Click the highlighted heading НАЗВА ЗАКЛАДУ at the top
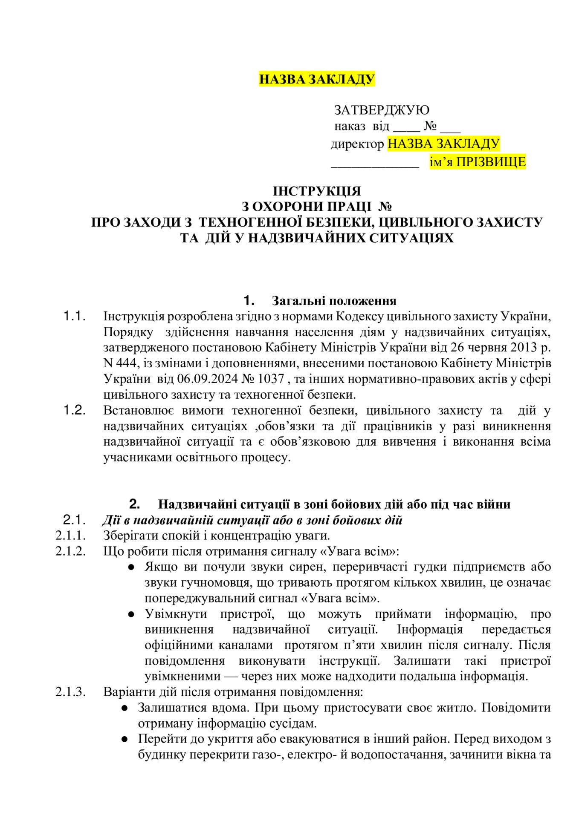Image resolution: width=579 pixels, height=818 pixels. (x=317, y=79)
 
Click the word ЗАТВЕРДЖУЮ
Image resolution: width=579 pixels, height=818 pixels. (x=382, y=110)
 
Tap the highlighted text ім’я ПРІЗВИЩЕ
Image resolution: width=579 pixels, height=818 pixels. (x=478, y=162)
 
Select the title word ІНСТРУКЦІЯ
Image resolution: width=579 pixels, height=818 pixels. (x=317, y=190)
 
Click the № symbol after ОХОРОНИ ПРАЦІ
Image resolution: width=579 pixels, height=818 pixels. (x=385, y=207)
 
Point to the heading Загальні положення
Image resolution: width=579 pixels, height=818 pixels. (x=334, y=301)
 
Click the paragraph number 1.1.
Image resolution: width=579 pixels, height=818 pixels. (x=75, y=316)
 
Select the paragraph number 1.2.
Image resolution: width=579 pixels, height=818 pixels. (x=75, y=410)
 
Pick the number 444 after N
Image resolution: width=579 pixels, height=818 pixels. (x=126, y=363)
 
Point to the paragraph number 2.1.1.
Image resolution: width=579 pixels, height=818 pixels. (x=71, y=536)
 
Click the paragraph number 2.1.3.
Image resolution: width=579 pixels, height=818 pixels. (x=71, y=691)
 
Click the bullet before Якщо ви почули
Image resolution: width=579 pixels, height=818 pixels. (x=132, y=567)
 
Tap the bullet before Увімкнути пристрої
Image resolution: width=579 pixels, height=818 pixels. (x=132, y=614)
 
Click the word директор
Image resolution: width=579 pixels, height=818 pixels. (x=357, y=144)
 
